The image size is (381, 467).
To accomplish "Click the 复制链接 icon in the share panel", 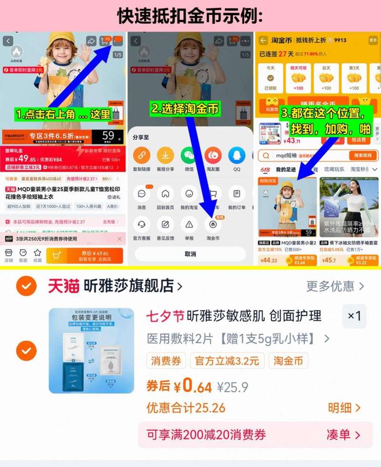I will tap(141, 155).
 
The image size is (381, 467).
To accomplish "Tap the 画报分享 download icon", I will tap(165, 155).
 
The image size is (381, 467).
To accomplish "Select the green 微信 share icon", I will tap(189, 155).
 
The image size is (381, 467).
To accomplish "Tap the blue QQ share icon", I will tap(237, 155).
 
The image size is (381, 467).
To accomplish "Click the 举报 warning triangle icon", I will tap(189, 223).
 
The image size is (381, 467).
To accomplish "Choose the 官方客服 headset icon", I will tap(141, 223).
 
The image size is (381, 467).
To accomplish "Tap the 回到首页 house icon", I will tap(165, 194).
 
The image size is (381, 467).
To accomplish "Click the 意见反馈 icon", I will tap(165, 223).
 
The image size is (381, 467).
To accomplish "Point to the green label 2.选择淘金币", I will tap(185, 109).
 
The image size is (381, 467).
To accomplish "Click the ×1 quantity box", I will tap(354, 316).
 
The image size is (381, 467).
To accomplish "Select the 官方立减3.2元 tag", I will tap(227, 361).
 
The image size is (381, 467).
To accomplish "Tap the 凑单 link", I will tap(343, 435).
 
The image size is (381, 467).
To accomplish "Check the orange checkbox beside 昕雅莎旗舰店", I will tap(26, 286).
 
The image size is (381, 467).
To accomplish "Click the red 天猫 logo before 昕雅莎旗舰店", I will tap(63, 286).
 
